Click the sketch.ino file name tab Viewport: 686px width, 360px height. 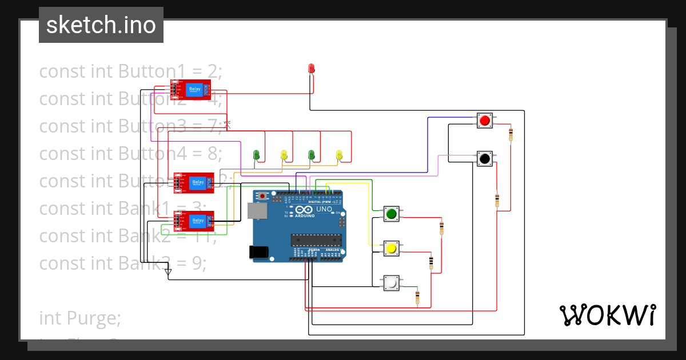click(101, 25)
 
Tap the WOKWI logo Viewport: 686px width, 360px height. click(607, 315)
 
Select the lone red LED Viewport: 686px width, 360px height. click(311, 69)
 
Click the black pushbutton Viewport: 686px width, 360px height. click(485, 158)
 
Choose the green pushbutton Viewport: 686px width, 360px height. click(391, 214)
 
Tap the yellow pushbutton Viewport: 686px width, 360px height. click(391, 249)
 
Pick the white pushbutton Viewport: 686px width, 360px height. click(391, 282)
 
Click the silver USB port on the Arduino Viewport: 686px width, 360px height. click(257, 210)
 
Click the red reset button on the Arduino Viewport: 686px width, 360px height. click(262, 197)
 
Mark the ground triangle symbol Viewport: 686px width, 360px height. click(168, 273)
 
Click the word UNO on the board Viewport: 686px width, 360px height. click(324, 209)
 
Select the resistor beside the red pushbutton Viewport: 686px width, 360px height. click(510, 135)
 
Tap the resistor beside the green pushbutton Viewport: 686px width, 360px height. click(441, 229)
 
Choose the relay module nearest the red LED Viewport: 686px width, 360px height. click(191, 89)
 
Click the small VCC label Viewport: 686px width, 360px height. click(227, 123)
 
